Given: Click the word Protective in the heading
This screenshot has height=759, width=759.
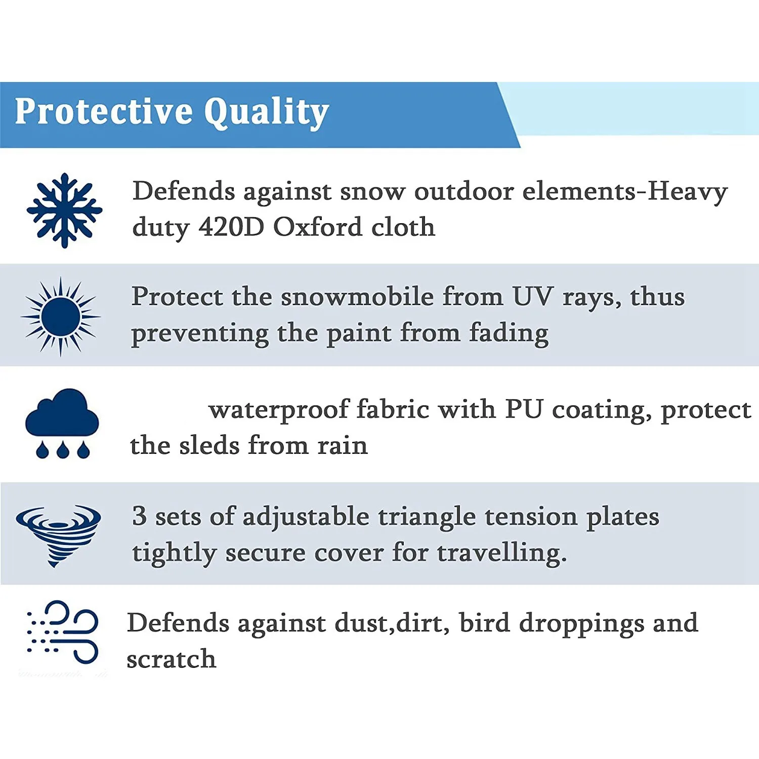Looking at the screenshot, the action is pos(104,111).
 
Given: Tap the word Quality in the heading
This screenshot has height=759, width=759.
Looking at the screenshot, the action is pos(267,112).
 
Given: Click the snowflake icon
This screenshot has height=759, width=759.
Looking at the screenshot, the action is pos(64,210).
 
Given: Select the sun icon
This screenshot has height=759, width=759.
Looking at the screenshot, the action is pos(61,317).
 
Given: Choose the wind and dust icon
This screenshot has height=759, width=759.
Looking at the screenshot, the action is pos(62,632).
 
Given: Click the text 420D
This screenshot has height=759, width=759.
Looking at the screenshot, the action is pos(231,227).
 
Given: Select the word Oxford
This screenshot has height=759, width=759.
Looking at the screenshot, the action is pos(318,227).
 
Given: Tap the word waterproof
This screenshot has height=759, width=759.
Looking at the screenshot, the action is pos(279,410).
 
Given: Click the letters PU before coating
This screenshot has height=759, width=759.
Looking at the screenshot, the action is pos(524,409).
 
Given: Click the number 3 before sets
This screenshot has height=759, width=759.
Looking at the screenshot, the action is pos(140,516).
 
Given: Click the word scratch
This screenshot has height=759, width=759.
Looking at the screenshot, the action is pos(172,659).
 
